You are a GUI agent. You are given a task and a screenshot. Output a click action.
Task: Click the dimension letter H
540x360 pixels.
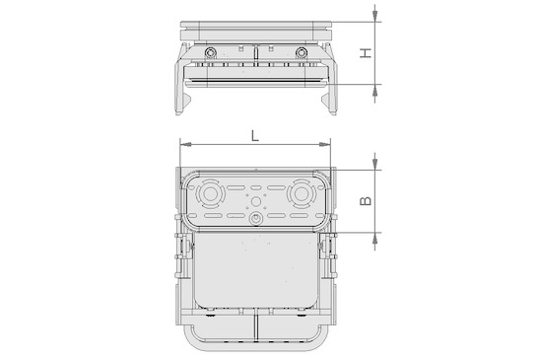click(x=367, y=52)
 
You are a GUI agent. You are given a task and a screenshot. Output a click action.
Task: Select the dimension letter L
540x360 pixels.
click(x=255, y=136)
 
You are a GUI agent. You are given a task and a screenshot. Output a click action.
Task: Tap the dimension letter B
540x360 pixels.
click(x=366, y=200)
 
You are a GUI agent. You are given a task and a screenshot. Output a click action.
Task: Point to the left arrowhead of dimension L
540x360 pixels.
click(x=185, y=144)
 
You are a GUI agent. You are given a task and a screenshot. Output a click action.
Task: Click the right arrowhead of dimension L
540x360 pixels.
click(x=325, y=144)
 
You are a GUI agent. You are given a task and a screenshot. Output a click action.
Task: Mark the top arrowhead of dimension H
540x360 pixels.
click(x=375, y=16)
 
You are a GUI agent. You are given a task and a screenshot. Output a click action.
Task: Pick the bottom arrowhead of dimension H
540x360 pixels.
click(x=375, y=90)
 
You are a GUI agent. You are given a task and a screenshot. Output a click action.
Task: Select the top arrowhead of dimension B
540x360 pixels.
click(x=375, y=164)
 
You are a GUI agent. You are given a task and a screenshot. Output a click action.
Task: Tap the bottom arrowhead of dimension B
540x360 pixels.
click(x=375, y=239)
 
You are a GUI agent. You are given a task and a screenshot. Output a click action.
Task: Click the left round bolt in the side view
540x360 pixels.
click(x=210, y=52)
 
